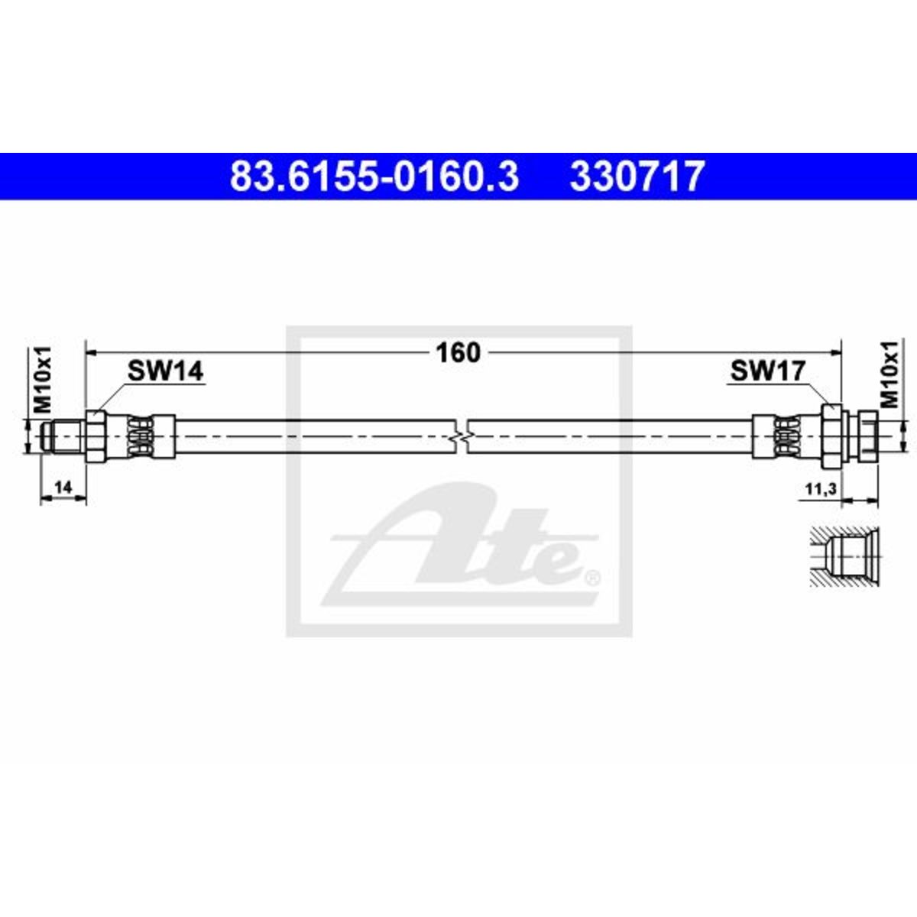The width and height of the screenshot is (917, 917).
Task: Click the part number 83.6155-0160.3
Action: tap(374, 177)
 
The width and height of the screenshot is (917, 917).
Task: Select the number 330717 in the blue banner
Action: tap(637, 177)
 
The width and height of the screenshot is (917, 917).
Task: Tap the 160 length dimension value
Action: tap(458, 352)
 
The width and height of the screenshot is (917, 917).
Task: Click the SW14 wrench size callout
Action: tap(165, 371)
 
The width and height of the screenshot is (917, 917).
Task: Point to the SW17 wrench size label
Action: tap(768, 371)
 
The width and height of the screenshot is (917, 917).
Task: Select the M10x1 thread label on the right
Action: tap(889, 374)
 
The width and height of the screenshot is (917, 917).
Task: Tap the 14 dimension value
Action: tap(63, 486)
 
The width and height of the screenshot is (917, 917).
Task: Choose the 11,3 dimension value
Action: tap(821, 488)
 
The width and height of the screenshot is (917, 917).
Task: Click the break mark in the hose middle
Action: tap(459, 436)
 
